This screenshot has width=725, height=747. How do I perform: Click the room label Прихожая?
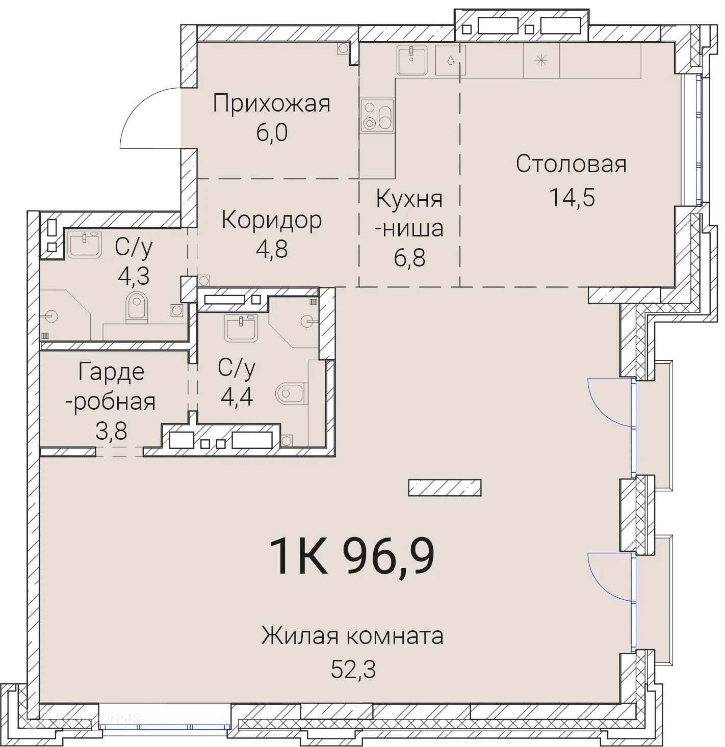(272, 103)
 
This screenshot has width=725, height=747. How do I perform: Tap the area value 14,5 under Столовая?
(572, 197)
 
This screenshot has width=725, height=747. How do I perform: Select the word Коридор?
(272, 220)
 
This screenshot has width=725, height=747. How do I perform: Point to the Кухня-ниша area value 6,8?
(409, 258)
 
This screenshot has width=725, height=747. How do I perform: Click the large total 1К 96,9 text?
(352, 556)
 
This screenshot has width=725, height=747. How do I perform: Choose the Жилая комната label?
(352, 636)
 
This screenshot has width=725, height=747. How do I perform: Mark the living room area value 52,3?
(353, 669)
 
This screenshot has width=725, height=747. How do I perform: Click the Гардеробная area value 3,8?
(111, 431)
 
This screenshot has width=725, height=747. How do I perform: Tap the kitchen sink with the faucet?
(411, 60)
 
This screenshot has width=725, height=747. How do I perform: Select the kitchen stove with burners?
(377, 116)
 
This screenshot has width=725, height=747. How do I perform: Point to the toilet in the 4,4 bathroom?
(290, 393)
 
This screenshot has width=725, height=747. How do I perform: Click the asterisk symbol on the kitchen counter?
(541, 60)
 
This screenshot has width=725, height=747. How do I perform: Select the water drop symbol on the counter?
(451, 60)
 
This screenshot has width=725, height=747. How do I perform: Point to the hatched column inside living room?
(445, 488)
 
